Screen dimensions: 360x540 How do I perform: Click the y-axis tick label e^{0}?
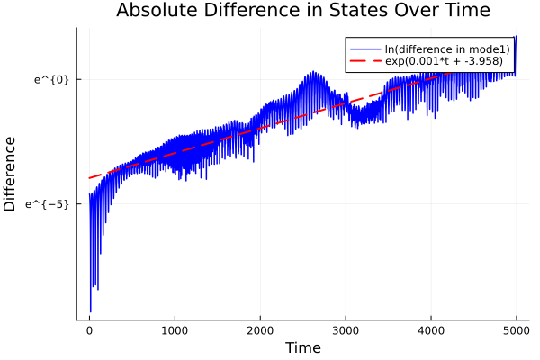pos(52,79)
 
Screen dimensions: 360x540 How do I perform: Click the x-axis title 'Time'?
pos(302,347)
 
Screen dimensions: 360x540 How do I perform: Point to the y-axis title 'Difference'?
pos(11,174)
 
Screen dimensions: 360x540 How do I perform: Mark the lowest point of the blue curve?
pos(90,311)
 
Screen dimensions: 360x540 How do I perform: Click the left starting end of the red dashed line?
pos(89,177)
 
